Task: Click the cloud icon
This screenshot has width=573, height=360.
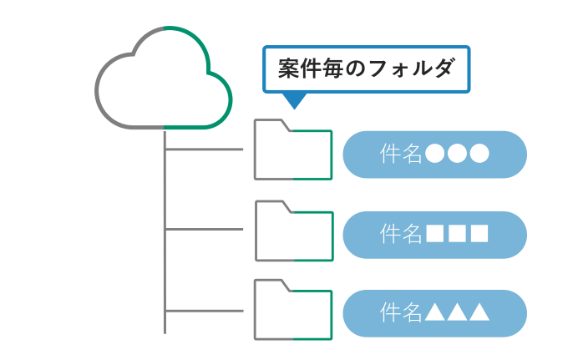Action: point(164,79)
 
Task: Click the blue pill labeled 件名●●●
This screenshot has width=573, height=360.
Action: point(434,155)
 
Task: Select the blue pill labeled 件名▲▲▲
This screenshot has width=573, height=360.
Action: point(434,312)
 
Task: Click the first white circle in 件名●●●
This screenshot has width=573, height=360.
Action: point(434,155)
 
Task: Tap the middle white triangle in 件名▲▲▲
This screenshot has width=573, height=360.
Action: point(457,312)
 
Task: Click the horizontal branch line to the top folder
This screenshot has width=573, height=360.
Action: point(205,150)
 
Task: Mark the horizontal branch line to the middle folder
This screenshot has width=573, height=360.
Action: point(205,229)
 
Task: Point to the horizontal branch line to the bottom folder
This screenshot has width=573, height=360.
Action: point(205,311)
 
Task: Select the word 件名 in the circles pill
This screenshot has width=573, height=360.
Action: point(401,155)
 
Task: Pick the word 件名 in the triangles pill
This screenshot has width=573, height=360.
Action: point(401,312)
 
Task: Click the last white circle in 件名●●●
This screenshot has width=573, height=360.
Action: point(479,155)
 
